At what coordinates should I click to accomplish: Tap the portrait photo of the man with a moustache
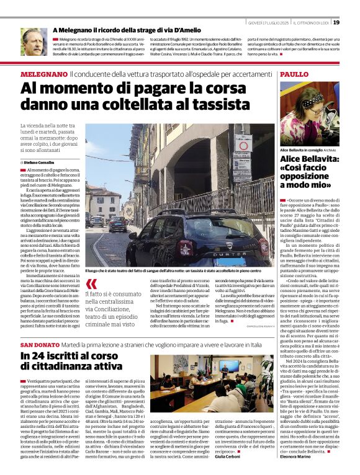pos(32,42)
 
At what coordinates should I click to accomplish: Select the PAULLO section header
pos(294,74)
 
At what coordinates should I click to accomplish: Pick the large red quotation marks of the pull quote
pos(92,285)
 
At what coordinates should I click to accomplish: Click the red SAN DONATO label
pos(38,344)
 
